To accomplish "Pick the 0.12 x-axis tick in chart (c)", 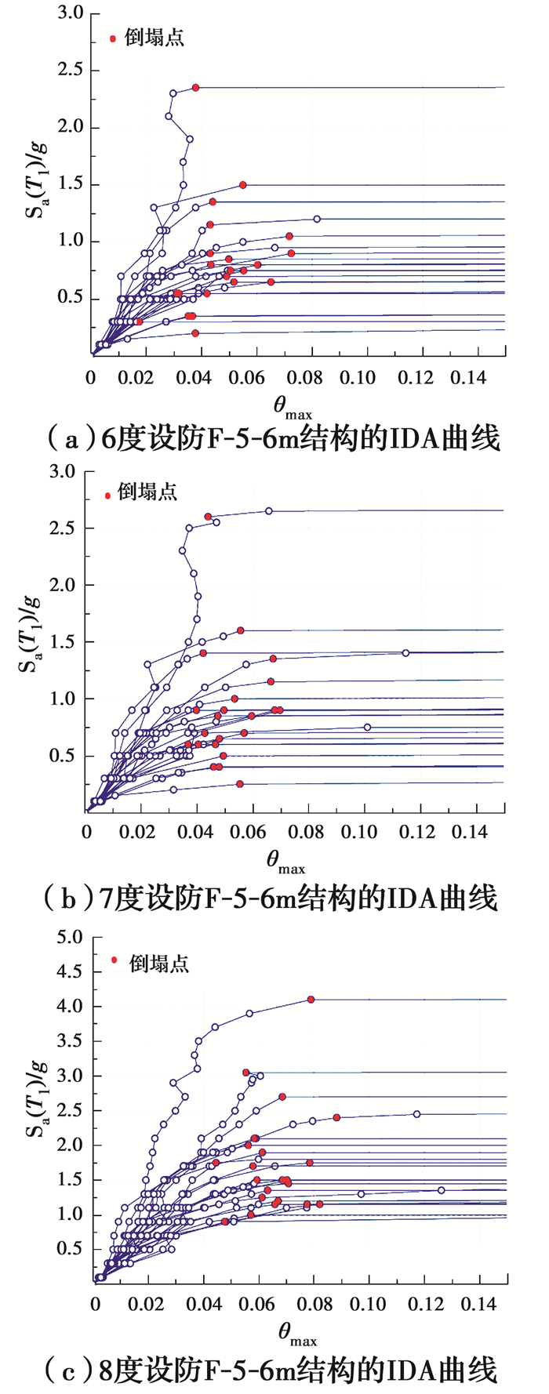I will pos(423,1304).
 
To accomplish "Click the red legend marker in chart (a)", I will pos(113,38).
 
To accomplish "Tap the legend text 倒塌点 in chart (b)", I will pos(147,492).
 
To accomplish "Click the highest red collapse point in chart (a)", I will pos(195,88).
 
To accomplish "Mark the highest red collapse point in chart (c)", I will pos(311,1000).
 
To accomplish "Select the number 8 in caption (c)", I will pos(109,1370).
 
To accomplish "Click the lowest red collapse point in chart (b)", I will pos(240,784).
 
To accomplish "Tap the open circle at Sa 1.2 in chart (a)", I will pos(317,219).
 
